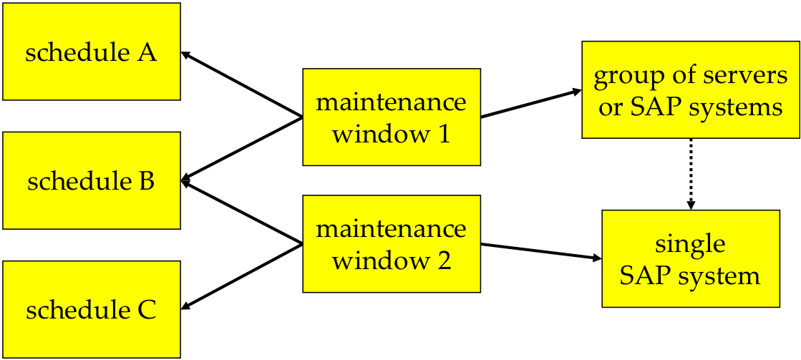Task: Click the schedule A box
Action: coord(92,52)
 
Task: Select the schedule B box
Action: coord(92,180)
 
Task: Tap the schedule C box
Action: coord(92,309)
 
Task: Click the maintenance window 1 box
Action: coord(391,117)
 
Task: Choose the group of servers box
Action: coord(690,89)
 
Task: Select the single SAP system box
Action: coord(690,258)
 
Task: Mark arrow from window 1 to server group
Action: coord(530,104)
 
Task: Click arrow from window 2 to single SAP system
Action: coord(540,251)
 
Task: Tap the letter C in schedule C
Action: coord(146,311)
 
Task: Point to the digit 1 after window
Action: coord(443,133)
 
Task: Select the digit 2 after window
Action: coord(443,261)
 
